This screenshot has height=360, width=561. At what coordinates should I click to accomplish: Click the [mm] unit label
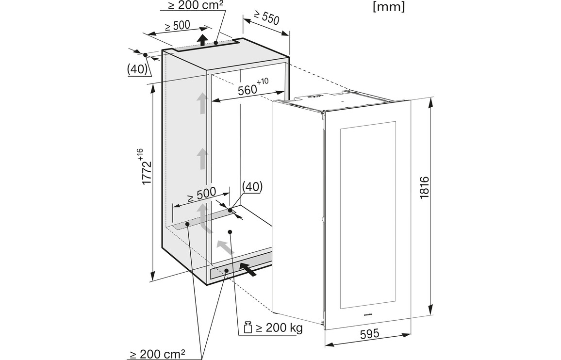[388, 7]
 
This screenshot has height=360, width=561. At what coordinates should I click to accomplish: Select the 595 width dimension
[368, 334]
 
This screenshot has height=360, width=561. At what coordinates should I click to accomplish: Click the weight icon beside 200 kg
[247, 327]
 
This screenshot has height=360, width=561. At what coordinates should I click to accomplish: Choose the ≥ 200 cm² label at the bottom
[157, 354]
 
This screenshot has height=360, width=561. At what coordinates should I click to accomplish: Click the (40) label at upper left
[137, 69]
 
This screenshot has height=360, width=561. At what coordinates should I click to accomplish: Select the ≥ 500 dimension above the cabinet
[177, 26]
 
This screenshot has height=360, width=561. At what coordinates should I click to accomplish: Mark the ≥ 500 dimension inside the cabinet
[201, 193]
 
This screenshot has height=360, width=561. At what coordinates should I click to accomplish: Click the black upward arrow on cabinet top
[203, 39]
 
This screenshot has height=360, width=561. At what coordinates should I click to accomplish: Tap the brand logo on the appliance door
[367, 314]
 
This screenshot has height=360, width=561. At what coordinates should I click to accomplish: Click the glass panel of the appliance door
[368, 213]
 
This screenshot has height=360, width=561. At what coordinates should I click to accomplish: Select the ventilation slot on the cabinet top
[206, 46]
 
